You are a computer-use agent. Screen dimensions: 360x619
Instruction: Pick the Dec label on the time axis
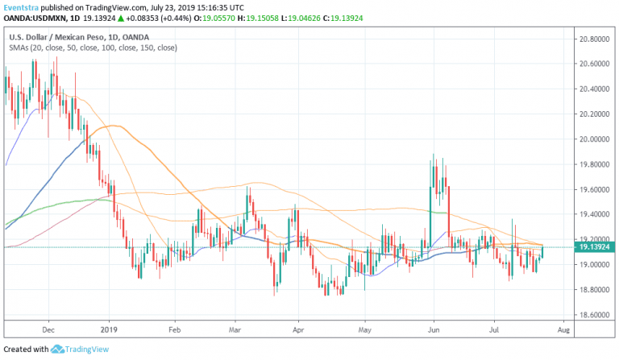pos(48,330)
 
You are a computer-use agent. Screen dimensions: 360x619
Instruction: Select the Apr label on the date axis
pos(299,330)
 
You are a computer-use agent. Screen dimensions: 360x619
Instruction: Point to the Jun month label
pos(434,330)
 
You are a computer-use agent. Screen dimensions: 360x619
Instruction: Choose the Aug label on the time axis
pos(564,330)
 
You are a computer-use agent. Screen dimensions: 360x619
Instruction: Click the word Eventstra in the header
pos(21,7)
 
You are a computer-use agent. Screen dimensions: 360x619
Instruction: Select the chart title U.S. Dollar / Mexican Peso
pos(59,37)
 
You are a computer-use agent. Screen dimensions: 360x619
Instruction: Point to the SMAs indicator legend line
pos(93,48)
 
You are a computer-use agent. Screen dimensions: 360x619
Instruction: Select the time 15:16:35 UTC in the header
pos(224,7)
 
